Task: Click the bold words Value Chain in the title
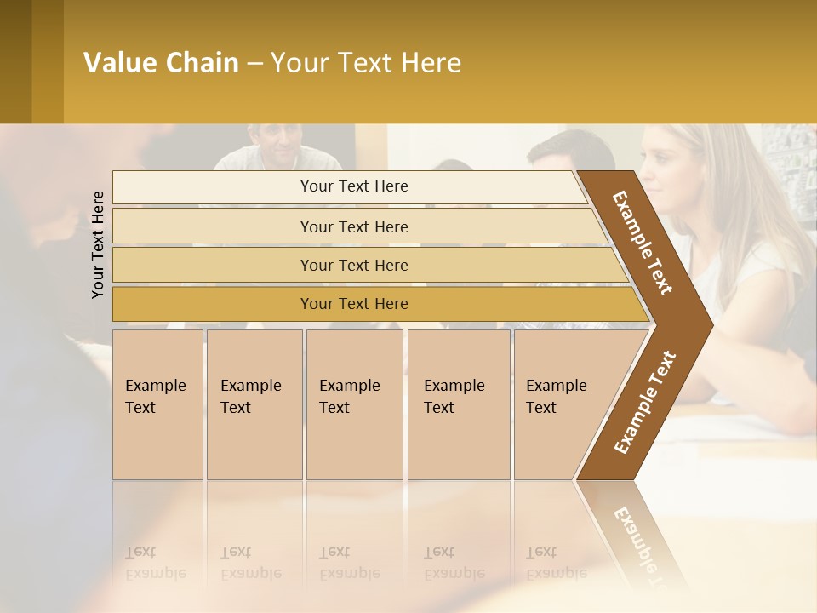pos(161,63)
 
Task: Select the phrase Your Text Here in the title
pos(365,63)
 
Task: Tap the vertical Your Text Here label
pos(98,244)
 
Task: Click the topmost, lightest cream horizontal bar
pos(353,186)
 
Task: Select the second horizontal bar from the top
pos(353,226)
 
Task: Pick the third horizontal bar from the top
pos(353,265)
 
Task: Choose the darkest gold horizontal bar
pos(353,304)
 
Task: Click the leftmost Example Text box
pos(157,404)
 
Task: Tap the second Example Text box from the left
pos(254,404)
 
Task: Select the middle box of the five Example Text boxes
pos(354,404)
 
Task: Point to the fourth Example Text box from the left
pos(459,404)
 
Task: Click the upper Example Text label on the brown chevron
pos(643,243)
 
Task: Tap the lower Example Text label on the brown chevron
pos(644,403)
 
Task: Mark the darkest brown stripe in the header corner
pos(15,61)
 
